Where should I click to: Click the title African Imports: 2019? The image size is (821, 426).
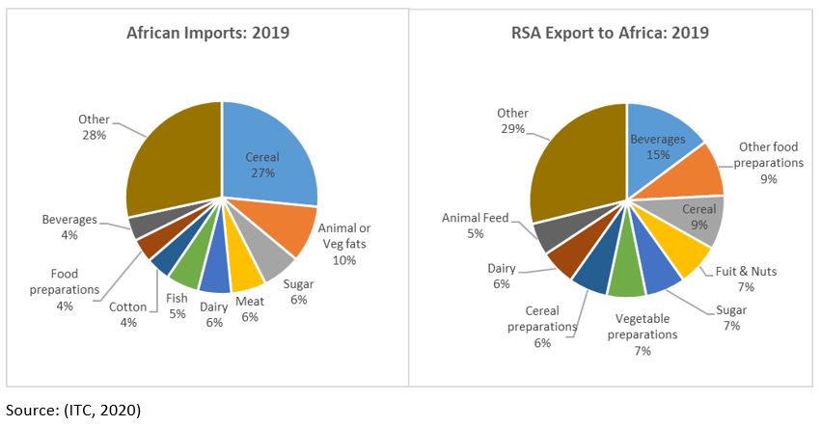point(208,33)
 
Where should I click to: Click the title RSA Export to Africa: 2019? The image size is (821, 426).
point(610,33)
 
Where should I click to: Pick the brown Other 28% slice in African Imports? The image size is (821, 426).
point(174,164)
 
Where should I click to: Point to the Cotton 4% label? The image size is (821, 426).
point(128,314)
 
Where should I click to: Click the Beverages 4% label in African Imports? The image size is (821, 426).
point(69,226)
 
